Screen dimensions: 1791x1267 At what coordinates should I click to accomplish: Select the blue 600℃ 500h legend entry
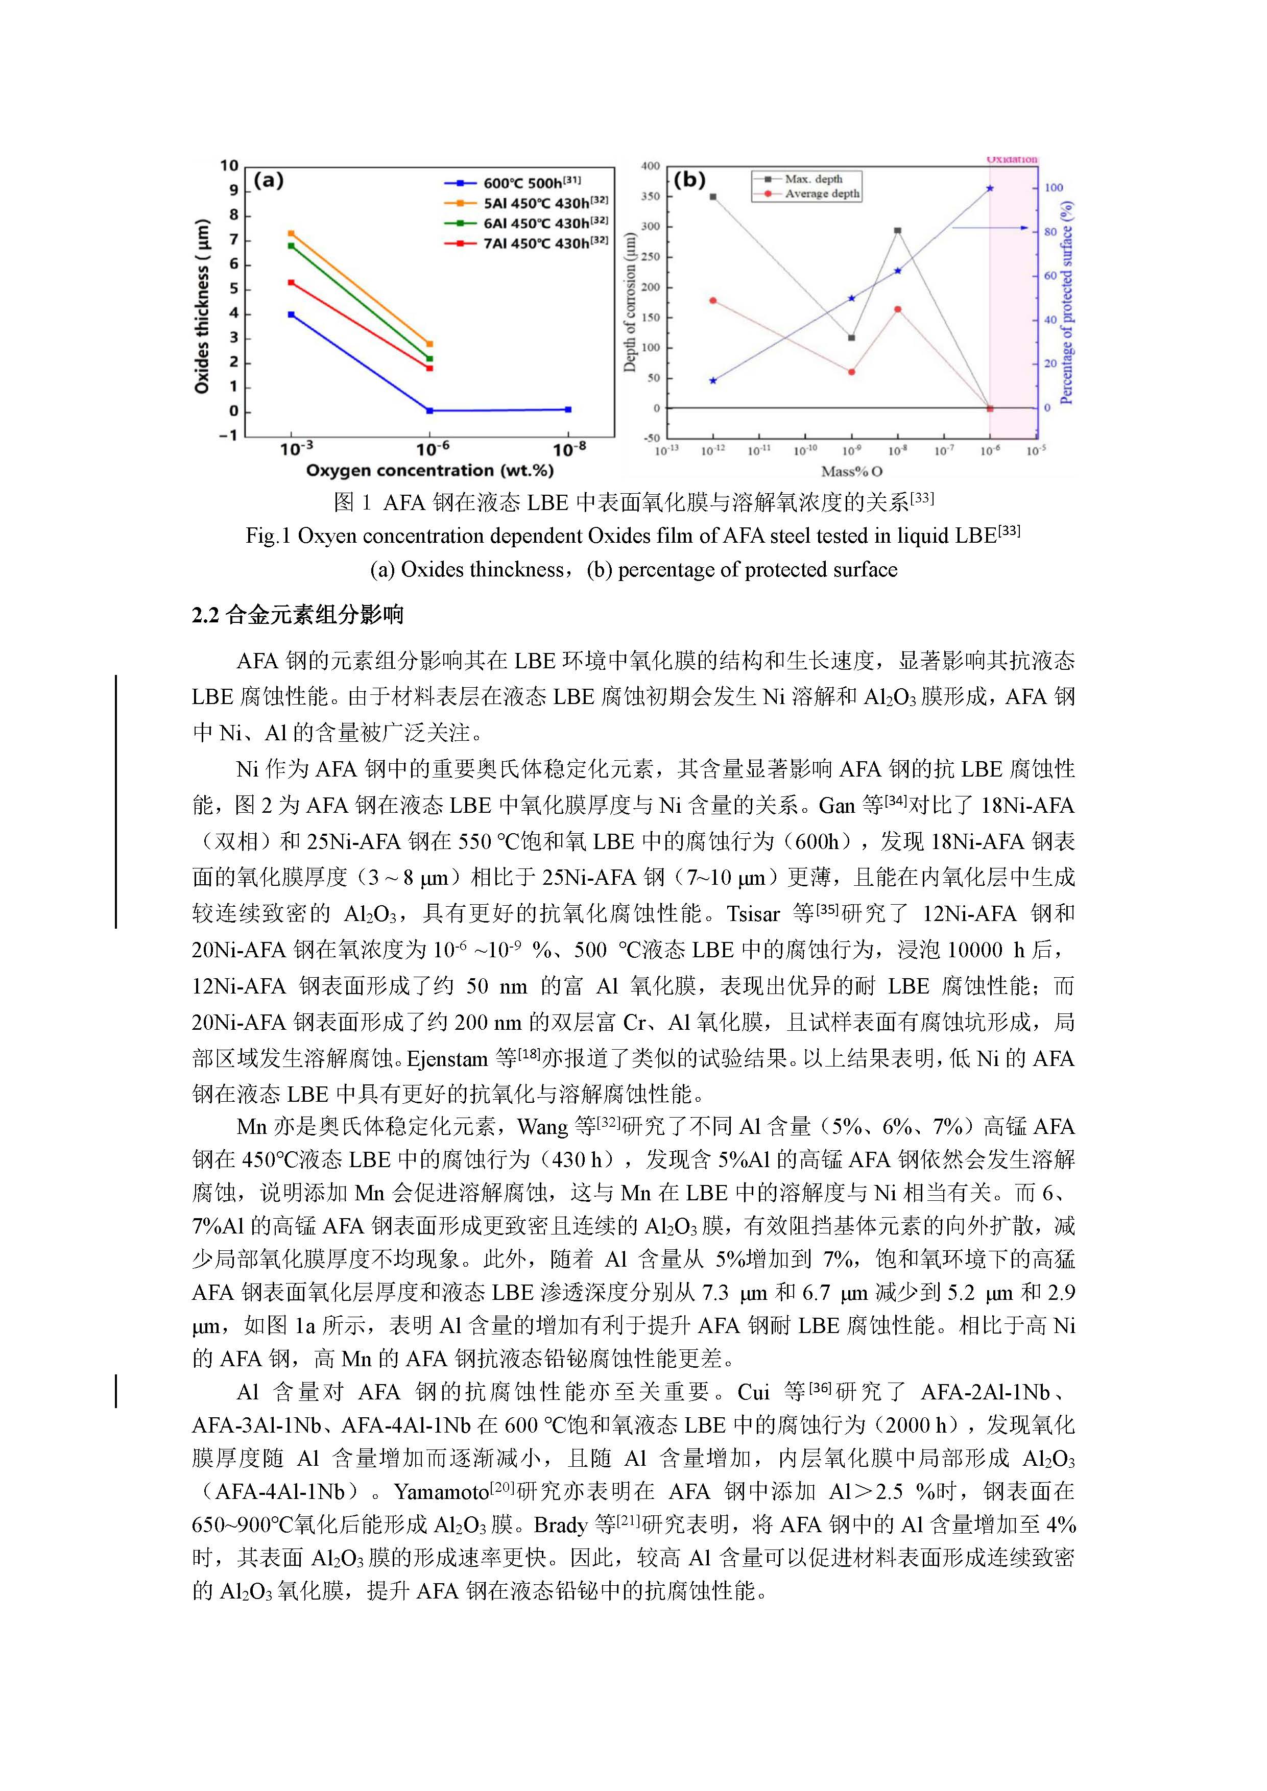pos(523,183)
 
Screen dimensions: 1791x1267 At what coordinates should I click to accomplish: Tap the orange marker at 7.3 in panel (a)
pos(291,233)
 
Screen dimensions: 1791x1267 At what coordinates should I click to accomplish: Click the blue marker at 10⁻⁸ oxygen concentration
pos(568,409)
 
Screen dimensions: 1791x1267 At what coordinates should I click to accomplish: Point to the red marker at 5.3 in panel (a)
pos(291,282)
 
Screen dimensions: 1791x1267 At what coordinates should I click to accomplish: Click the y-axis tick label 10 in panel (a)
pos(229,165)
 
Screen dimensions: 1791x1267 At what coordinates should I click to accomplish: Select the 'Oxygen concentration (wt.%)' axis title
pos(430,470)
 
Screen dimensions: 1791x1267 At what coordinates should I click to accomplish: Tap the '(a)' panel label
pos(269,180)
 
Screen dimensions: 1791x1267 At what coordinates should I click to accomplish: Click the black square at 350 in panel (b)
pos(713,197)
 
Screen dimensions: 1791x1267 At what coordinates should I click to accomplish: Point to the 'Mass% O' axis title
pos(851,471)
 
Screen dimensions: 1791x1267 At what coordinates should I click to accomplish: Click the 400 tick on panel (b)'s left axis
pos(651,166)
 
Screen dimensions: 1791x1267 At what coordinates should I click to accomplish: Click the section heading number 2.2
pos(205,615)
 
